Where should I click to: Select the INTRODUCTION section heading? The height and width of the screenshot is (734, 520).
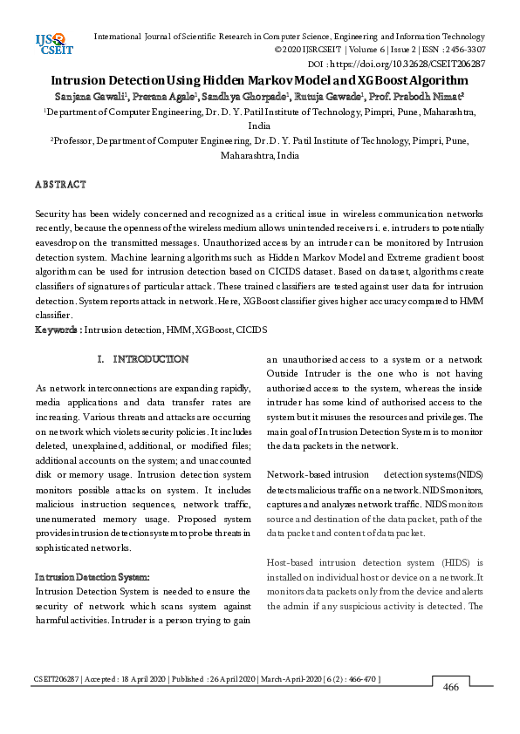coord(150,359)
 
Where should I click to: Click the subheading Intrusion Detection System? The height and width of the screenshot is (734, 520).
coord(92,578)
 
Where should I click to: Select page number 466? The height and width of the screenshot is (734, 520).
coord(450,688)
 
